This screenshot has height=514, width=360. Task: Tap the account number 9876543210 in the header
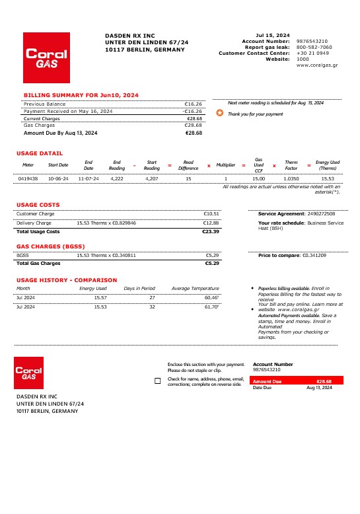click(312, 41)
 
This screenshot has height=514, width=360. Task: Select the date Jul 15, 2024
click(273, 35)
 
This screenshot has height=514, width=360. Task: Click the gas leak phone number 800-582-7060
click(314, 47)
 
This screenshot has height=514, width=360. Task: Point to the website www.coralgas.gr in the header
click(317, 65)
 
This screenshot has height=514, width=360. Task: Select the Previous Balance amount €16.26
click(193, 104)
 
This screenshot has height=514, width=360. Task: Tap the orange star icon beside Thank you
click(220, 114)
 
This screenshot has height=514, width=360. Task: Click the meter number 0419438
click(28, 178)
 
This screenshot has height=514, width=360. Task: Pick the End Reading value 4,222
click(117, 178)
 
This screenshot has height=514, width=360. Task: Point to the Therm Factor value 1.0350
click(291, 178)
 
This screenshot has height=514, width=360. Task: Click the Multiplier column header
click(225, 165)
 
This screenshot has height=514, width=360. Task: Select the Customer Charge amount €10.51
click(211, 213)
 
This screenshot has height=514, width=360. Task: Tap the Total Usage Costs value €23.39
click(211, 232)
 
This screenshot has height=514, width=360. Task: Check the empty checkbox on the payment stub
click(157, 381)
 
